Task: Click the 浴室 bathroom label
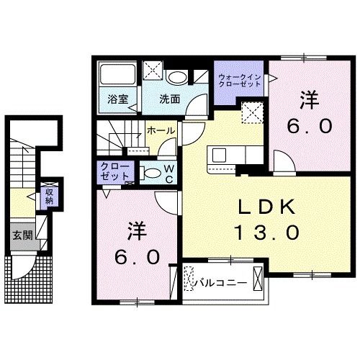click(x=118, y=100)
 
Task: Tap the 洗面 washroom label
click(x=169, y=100)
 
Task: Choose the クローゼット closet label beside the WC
click(x=114, y=172)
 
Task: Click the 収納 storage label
click(x=50, y=195)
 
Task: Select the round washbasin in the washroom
click(x=177, y=78)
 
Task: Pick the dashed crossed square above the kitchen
click(x=252, y=112)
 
